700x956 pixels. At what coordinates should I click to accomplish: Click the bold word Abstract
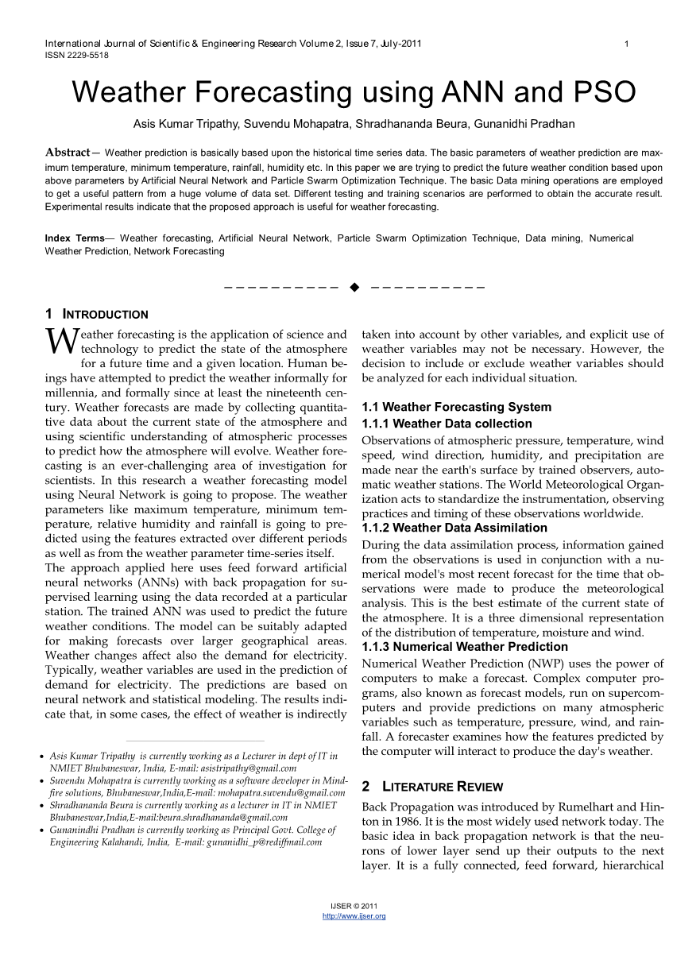tap(68, 152)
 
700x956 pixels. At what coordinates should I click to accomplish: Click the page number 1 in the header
tap(627, 44)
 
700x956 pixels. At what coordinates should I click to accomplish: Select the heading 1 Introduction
tap(97, 314)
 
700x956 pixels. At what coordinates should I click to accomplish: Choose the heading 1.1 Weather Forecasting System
tap(456, 407)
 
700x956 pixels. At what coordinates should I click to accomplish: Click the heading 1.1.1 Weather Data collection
tap(447, 424)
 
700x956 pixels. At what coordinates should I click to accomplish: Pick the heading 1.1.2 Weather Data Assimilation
tap(454, 528)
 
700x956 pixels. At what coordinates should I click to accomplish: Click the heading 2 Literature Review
tap(432, 787)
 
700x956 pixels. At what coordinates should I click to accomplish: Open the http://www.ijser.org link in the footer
tap(354, 916)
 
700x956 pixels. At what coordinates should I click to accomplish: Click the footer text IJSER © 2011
tap(354, 906)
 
